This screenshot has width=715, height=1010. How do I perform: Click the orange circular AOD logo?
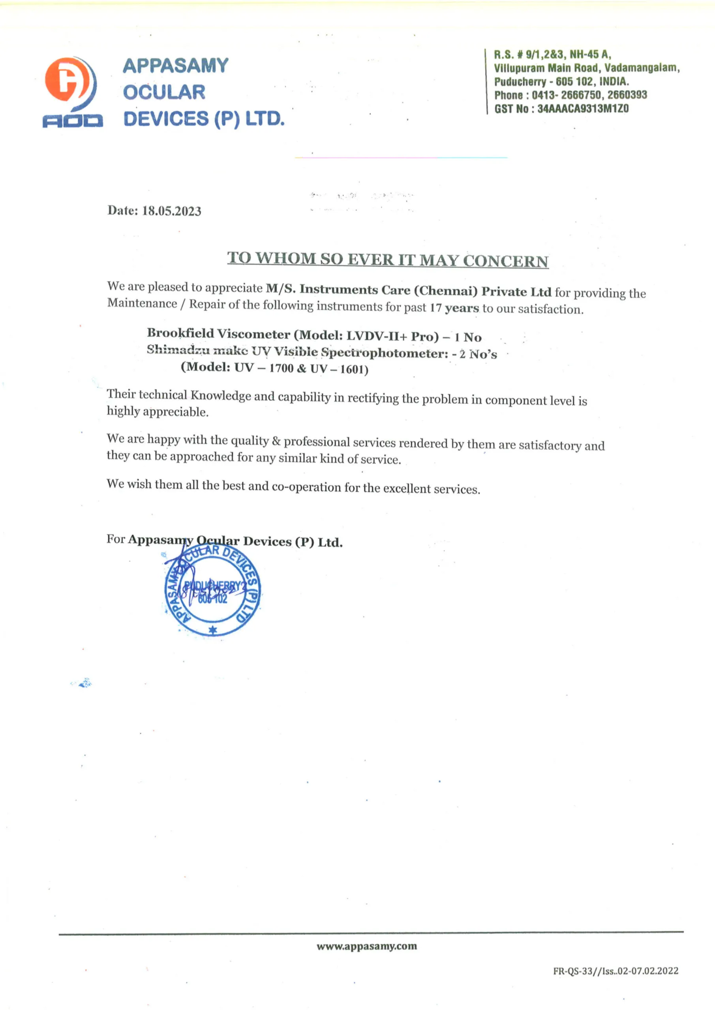pos(66,80)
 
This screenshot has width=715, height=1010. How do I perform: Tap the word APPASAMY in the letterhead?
pos(175,66)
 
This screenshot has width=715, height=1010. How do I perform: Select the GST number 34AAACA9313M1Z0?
pos(583,108)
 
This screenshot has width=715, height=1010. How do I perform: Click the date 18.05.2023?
pos(171,211)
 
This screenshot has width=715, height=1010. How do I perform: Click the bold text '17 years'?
pos(454,307)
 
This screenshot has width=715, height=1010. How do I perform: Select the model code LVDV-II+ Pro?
pos(392,336)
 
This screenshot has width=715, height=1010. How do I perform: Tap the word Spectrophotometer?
pos(384,353)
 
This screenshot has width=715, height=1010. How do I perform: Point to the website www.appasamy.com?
pos(366,946)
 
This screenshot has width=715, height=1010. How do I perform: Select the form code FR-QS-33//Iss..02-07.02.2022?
pos(616,971)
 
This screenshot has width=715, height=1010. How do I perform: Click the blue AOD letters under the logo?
pos(73,121)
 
